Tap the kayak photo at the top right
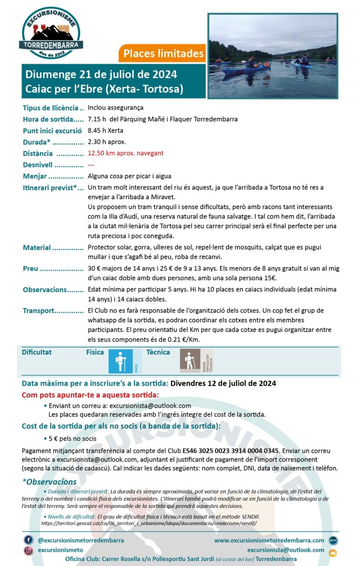coord(273,55)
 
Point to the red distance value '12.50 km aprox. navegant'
coord(126,153)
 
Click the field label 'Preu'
coord(30,269)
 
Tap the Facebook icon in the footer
coord(28,539)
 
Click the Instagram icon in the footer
coord(28,551)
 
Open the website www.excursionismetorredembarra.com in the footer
coord(269,540)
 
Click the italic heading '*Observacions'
coord(49,482)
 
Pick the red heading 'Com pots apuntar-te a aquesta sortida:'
coord(90,395)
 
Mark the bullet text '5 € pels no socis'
coord(72,439)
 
